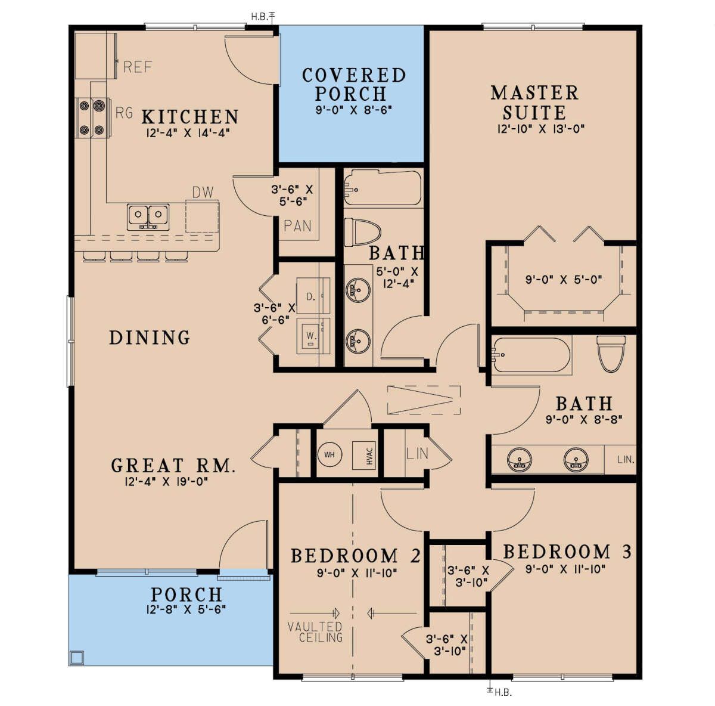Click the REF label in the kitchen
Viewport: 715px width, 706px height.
coord(138,67)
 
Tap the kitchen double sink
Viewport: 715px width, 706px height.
coord(148,216)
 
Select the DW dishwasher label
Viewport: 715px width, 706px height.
coord(203,193)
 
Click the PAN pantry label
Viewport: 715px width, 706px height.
coord(297,226)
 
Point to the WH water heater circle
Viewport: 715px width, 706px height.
coord(329,454)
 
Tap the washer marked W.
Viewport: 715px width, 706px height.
coord(312,336)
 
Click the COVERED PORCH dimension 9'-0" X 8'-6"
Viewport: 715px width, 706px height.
coord(353,110)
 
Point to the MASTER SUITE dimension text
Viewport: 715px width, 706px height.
coord(542,129)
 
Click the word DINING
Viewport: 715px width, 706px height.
coord(150,337)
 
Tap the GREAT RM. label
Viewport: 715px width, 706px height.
coord(173,465)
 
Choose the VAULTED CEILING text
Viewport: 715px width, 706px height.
coord(316,632)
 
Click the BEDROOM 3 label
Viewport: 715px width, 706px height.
coord(567,552)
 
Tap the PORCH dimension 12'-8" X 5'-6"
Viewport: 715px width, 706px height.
coord(186,610)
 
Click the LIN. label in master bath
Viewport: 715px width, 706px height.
coord(626,459)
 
